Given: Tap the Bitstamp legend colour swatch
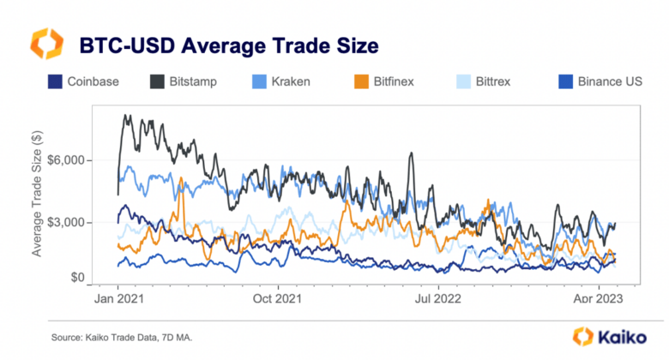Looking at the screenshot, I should [x=159, y=82].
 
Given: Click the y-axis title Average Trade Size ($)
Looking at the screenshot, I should [x=37, y=195].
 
